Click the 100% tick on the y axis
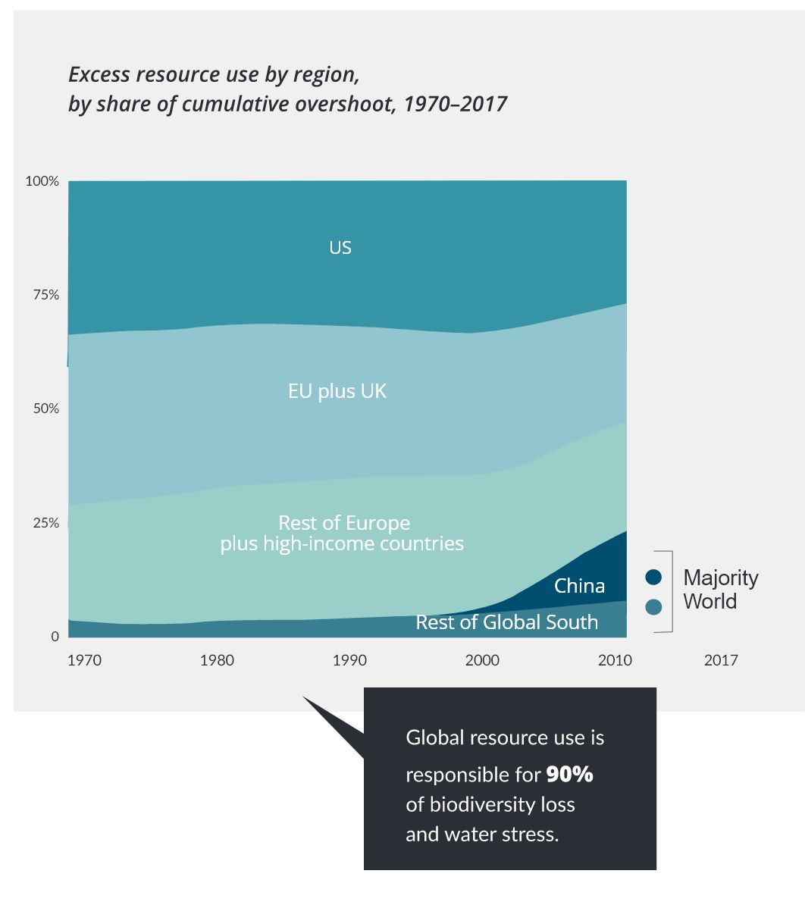coord(42,182)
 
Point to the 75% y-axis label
coord(44,296)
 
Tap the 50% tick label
coord(44,409)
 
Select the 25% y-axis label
coord(44,523)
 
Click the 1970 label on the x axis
coord(84,660)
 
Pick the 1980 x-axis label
coord(217,660)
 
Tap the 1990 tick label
coord(349,660)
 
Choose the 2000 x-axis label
coord(482,660)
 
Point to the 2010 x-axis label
coord(615,660)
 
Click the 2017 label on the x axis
coord(721,660)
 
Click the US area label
coord(340,248)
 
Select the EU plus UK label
coord(337,391)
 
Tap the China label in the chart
coord(579,586)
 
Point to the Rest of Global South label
coord(506,622)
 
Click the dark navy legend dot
coord(653,578)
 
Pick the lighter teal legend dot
coord(653,606)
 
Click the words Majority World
coord(720,590)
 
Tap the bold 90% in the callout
coord(569,774)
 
